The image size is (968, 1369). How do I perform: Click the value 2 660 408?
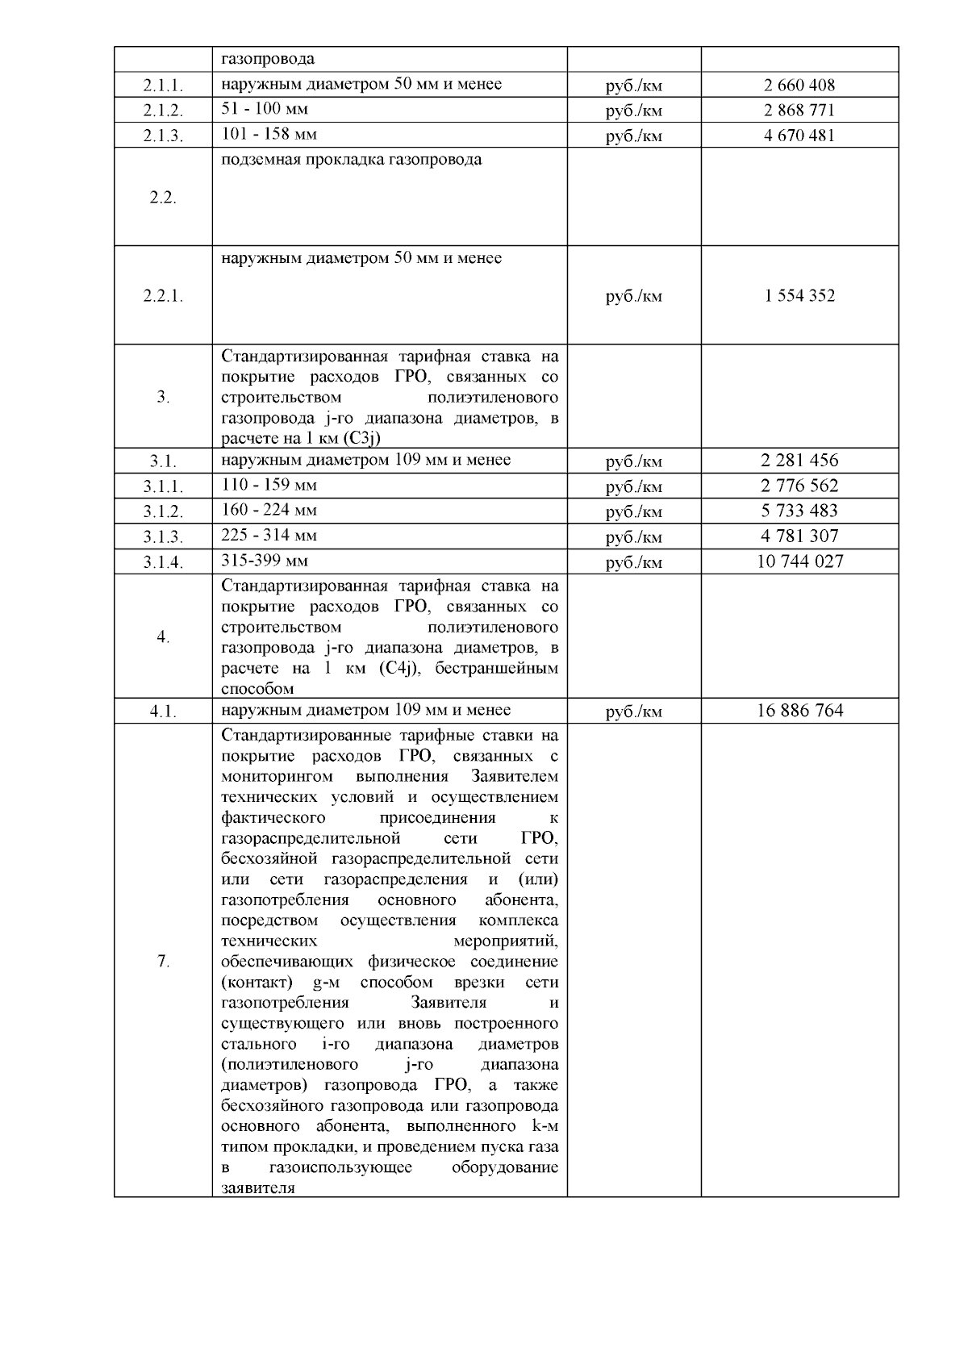tap(799, 85)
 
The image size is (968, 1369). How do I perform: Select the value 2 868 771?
tap(799, 110)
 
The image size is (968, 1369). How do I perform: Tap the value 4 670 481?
tap(799, 135)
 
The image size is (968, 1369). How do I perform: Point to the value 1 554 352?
tap(799, 295)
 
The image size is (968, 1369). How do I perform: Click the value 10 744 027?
tap(799, 561)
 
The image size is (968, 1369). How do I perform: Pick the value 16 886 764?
tap(799, 711)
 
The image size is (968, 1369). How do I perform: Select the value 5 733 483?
tap(799, 511)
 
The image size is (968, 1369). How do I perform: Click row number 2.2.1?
tap(163, 296)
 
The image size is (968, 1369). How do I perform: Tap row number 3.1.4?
tap(163, 562)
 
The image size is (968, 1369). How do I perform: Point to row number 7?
tap(163, 961)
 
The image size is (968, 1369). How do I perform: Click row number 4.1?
tap(163, 712)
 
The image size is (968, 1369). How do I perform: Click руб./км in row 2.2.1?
tap(633, 296)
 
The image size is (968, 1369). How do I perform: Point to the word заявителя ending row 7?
tap(257, 1188)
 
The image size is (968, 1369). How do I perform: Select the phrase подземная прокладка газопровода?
tap(352, 160)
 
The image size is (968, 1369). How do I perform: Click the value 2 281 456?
tap(799, 461)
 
